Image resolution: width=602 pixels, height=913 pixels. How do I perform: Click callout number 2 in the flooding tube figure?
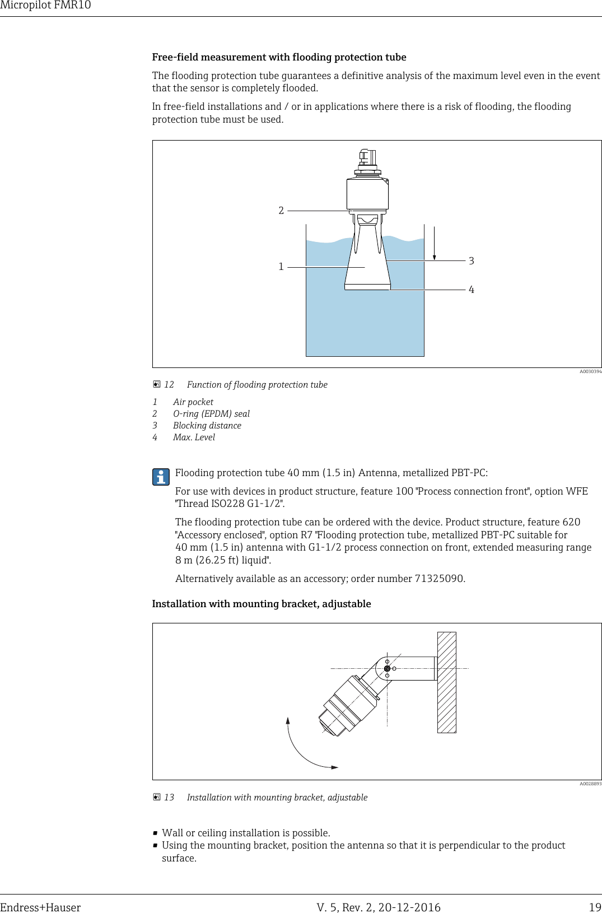tap(281, 211)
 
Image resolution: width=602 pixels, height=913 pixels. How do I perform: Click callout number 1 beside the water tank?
tap(281, 267)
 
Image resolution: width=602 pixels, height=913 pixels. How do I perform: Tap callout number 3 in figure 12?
tap(472, 261)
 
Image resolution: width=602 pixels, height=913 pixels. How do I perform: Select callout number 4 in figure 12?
tap(472, 290)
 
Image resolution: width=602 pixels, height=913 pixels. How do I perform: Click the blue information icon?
tap(161, 477)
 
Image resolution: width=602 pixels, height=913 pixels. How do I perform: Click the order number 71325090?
tap(439, 579)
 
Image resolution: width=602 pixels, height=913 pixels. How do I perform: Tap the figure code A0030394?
tap(590, 371)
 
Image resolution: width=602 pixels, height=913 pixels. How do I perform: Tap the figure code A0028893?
tap(590, 784)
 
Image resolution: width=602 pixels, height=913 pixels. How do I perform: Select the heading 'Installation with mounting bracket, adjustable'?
tap(262, 604)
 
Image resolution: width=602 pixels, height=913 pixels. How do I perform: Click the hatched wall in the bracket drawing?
tap(446, 682)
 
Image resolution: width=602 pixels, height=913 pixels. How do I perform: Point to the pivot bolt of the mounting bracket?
tap(387, 669)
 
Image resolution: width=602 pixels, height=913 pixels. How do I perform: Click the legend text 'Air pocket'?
tap(193, 402)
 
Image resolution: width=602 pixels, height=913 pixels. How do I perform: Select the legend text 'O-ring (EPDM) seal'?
tap(211, 414)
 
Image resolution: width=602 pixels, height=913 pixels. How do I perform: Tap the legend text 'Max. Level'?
tap(194, 437)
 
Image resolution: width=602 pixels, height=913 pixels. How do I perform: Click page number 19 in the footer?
tap(595, 907)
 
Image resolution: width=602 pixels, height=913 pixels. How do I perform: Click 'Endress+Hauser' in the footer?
tap(40, 907)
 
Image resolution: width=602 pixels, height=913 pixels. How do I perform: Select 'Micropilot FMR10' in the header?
tap(45, 6)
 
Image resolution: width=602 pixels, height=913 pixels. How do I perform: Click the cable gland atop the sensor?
tap(367, 157)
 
